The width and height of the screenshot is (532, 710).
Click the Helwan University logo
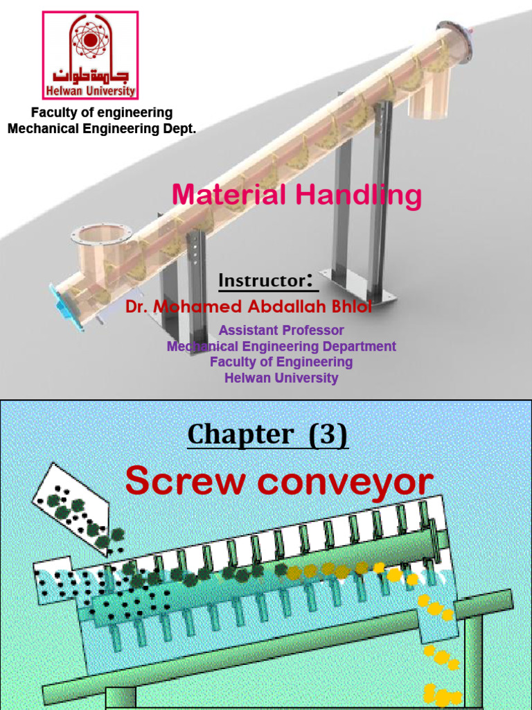(x=90, y=55)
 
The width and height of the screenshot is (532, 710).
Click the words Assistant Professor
(x=281, y=330)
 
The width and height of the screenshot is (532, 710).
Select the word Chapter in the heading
(x=240, y=435)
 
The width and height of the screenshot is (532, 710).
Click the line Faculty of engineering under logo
(x=102, y=112)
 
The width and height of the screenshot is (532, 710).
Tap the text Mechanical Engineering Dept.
(x=102, y=128)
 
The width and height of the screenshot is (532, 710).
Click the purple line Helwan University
(x=281, y=378)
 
